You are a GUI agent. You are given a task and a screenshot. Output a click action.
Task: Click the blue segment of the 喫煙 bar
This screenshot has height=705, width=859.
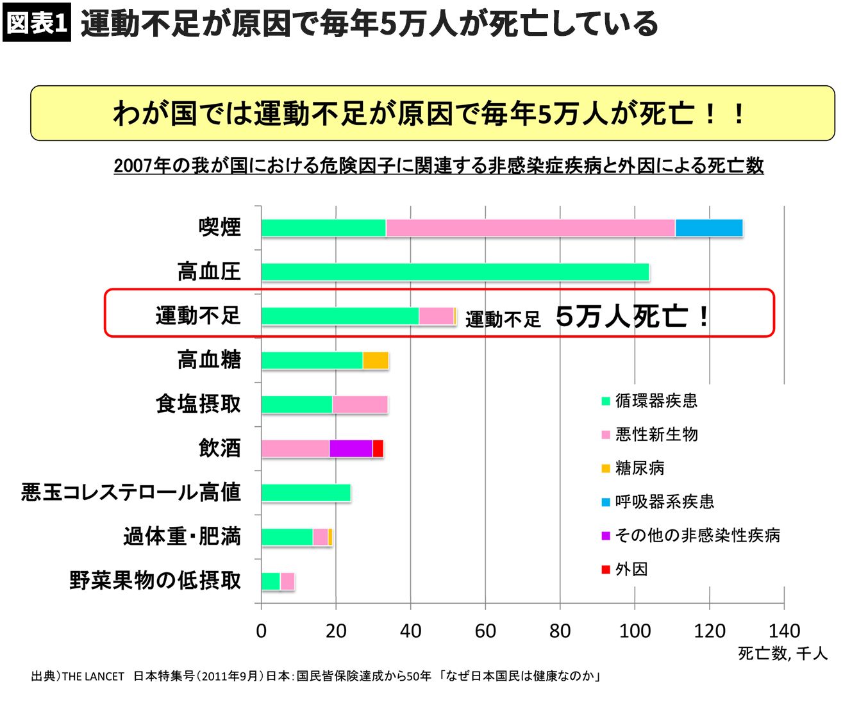(x=708, y=228)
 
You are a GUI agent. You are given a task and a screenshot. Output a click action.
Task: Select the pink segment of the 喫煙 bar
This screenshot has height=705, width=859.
(x=530, y=228)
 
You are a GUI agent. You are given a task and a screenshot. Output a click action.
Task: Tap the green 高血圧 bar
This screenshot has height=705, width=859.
(x=455, y=272)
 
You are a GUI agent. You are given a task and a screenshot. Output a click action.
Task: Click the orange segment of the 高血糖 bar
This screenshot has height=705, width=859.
(x=376, y=360)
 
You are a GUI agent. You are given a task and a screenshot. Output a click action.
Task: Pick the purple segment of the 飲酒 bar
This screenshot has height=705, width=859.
(x=351, y=449)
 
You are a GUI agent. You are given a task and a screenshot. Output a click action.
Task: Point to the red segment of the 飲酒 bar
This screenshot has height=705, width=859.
(x=378, y=449)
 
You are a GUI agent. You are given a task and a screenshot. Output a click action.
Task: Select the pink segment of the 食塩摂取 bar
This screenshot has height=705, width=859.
(x=360, y=404)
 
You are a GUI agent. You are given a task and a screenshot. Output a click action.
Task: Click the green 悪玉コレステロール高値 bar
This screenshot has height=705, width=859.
(x=306, y=493)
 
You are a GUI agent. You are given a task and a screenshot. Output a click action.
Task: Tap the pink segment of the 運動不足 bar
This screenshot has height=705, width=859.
(x=436, y=316)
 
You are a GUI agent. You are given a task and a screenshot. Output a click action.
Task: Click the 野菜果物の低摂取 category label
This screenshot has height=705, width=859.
(x=155, y=581)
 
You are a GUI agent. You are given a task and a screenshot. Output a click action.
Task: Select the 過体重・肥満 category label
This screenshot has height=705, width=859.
(x=182, y=536)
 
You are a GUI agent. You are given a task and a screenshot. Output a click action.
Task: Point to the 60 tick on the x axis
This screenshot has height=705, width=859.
(x=485, y=631)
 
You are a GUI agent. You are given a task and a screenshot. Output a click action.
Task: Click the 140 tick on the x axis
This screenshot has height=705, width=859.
(x=784, y=631)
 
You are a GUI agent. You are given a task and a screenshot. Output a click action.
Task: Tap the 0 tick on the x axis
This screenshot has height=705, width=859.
(x=261, y=631)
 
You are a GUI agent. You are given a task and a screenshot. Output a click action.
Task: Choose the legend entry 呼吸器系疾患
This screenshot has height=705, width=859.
(x=664, y=502)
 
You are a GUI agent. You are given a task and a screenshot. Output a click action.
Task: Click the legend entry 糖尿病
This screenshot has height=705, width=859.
(x=639, y=469)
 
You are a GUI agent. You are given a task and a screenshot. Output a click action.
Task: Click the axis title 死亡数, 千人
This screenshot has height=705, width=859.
(x=783, y=653)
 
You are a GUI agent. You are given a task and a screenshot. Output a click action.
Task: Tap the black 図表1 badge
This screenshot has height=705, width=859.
(x=37, y=24)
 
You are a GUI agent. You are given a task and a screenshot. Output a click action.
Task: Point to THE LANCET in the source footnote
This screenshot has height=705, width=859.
(x=93, y=677)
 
